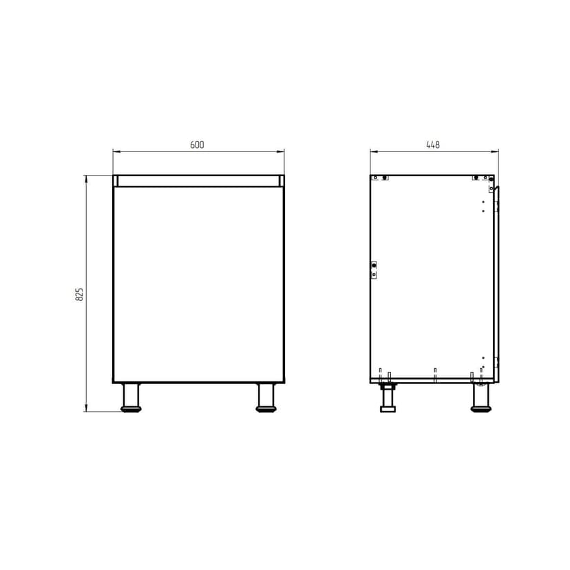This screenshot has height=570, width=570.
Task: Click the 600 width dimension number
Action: point(197,145)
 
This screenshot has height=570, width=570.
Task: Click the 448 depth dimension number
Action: point(433,145)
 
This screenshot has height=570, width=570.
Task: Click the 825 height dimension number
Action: point(79,294)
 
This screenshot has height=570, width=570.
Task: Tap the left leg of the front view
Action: point(131,397)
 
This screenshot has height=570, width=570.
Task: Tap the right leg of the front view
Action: point(266,397)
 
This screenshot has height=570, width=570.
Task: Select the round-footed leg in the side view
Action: point(481,397)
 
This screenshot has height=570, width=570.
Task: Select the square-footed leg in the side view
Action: point(388,398)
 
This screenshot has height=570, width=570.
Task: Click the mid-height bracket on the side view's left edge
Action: point(374,270)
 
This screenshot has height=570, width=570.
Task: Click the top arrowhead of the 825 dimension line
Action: point(86,178)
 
